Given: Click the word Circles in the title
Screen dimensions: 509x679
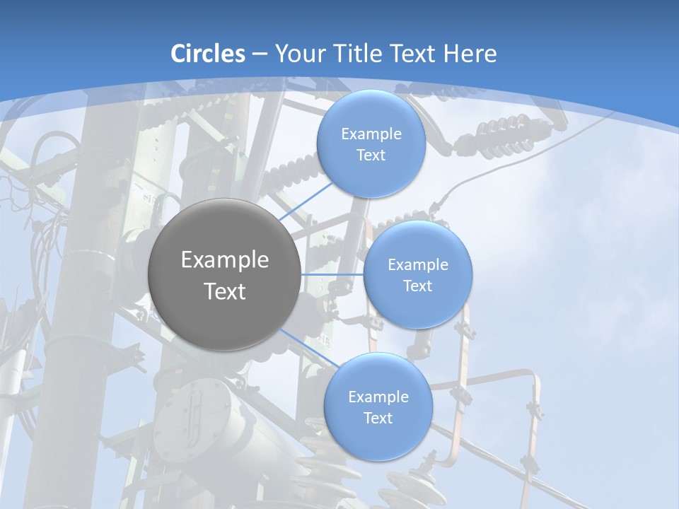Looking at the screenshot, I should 208,54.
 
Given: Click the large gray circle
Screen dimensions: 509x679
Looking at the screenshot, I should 225,274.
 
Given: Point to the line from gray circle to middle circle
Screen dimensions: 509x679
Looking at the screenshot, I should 332,274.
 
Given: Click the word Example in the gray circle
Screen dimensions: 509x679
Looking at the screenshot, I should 225,260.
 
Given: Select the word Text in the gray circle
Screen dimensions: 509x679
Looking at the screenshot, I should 225,291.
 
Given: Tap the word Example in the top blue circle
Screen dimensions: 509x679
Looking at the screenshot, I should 371,134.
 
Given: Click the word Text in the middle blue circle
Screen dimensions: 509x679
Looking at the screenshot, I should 417,286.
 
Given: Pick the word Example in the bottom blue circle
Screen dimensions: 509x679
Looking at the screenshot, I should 378,397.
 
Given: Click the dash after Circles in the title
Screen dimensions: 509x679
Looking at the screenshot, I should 259,54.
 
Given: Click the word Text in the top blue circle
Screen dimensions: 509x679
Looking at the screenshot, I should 371,156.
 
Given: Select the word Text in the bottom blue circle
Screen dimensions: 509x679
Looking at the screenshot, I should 378,419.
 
